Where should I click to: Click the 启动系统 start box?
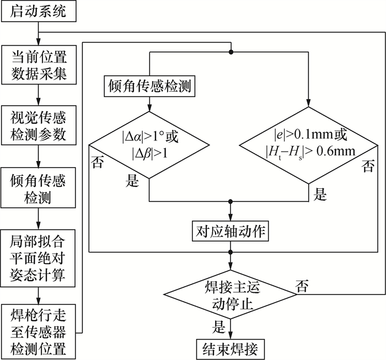(38, 12)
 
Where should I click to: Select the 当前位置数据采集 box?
(38, 66)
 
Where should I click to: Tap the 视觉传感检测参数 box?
(38, 126)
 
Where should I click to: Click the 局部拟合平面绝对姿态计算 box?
(38, 258)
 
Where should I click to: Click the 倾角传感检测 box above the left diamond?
(149, 87)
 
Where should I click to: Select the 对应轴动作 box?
(231, 232)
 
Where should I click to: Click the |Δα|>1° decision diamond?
(149, 143)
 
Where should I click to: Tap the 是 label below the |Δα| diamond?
(133, 181)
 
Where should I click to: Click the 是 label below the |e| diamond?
(320, 193)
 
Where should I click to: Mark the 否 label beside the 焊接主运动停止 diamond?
(302, 285)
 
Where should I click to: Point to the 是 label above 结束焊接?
(219, 325)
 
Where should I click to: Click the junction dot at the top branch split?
(231, 52)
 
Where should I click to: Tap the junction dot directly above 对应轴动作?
(231, 202)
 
